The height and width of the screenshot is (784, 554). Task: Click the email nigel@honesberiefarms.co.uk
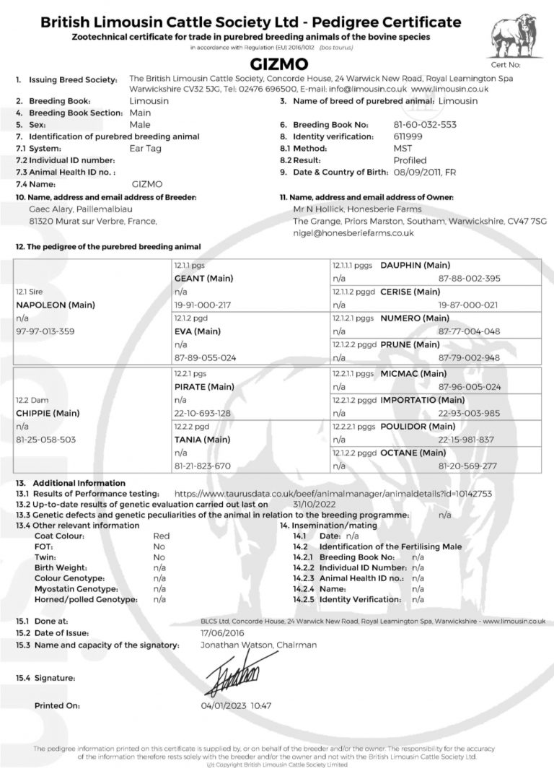353,233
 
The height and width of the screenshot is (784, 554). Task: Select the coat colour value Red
162,536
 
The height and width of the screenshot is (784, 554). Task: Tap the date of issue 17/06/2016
222,632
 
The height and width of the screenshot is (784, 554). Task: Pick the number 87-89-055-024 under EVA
206,357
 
